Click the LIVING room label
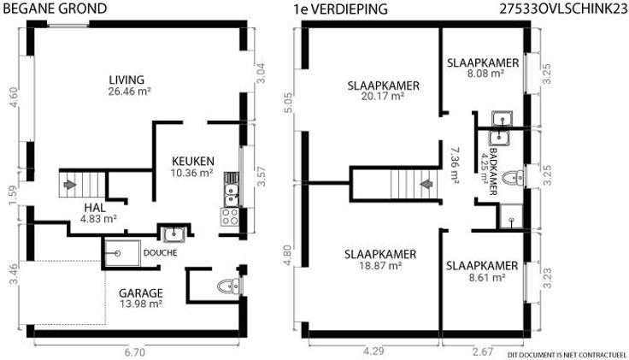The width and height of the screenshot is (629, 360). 126,80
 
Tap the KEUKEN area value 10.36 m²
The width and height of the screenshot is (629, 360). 191,173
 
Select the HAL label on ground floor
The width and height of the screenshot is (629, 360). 95,208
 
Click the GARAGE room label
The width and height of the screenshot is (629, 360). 141,293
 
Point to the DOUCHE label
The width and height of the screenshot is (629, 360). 160,253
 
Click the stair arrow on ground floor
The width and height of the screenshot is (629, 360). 70,184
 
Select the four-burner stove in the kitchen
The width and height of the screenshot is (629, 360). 230,216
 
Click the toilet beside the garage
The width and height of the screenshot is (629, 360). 229,286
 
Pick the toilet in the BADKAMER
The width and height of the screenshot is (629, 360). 513,178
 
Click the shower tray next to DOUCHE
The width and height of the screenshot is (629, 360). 122,253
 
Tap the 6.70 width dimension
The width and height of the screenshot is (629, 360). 134,353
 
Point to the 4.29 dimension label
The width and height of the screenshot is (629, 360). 373,351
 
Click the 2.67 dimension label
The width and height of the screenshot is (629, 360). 483,351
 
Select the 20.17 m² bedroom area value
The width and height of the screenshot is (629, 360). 383,97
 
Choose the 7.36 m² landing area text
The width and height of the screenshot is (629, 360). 455,165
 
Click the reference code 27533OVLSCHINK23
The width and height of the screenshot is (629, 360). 563,9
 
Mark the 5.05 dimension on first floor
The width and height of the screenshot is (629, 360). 288,103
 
